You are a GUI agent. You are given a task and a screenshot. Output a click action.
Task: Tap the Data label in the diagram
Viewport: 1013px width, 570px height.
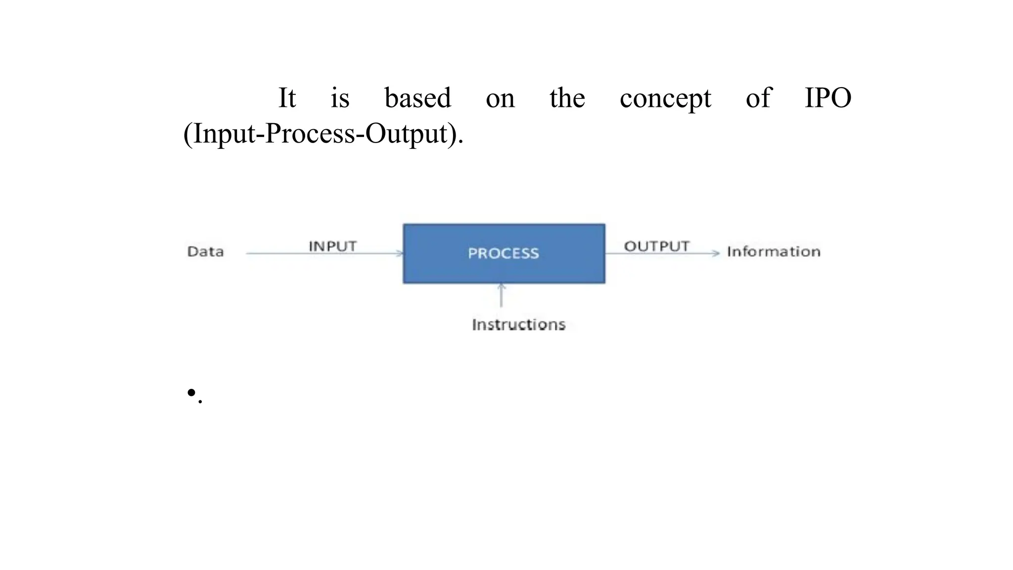tap(205, 251)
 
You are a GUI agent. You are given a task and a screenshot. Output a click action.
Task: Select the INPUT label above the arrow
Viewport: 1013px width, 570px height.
tap(332, 246)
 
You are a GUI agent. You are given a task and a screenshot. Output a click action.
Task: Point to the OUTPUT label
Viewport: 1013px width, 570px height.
tap(656, 246)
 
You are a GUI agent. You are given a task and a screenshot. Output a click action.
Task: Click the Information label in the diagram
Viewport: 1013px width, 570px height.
tap(774, 251)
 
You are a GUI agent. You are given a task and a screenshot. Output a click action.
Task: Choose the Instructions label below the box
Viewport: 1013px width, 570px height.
tap(518, 325)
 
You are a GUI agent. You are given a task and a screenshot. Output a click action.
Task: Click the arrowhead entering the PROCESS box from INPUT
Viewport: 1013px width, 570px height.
tap(399, 253)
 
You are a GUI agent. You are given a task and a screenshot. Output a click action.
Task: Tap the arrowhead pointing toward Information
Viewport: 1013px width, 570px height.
tap(715, 253)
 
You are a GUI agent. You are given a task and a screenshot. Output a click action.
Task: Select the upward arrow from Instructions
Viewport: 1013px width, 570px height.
tap(501, 295)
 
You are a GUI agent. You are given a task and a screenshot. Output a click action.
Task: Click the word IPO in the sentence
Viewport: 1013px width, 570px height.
tap(828, 98)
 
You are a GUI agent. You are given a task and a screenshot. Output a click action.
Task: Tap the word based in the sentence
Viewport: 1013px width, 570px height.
tap(417, 98)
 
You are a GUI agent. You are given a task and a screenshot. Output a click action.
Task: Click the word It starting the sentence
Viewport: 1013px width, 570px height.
tap(287, 98)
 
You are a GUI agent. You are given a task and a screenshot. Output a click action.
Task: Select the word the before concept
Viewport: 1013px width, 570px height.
tap(567, 98)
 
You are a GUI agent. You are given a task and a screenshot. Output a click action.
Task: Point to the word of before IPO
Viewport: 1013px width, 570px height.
tap(758, 98)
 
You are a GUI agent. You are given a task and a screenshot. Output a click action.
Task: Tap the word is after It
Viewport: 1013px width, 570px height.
tap(340, 98)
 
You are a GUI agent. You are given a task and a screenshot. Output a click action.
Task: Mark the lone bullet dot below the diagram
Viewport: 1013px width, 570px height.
tap(191, 393)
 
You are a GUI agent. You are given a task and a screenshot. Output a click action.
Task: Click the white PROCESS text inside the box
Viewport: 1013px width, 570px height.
tap(503, 253)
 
